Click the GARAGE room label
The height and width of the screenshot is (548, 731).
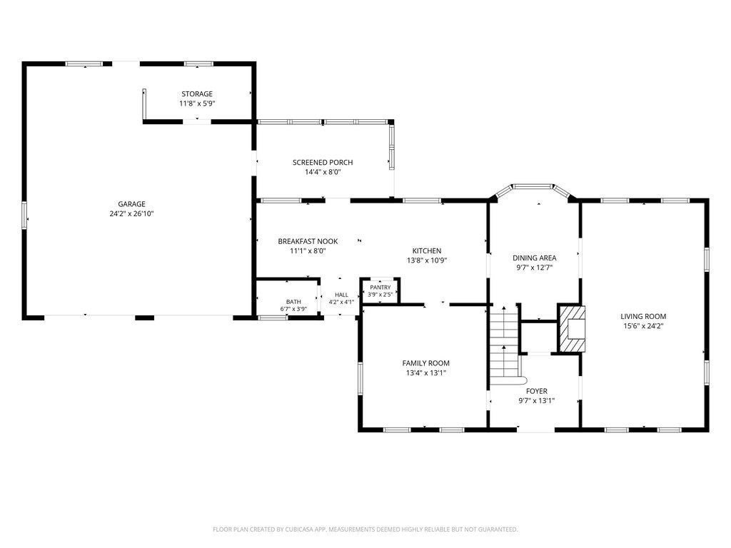click(131, 204)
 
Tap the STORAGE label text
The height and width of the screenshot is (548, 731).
click(197, 94)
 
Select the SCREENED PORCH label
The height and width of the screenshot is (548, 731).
click(323, 163)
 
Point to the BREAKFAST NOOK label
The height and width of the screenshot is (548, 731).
click(308, 241)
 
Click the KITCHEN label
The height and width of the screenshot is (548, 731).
click(427, 251)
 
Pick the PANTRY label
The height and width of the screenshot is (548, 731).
click(380, 288)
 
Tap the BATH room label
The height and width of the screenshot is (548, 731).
click(293, 302)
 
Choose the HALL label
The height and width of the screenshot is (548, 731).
click(341, 295)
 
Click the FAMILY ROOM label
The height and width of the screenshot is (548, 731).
click(426, 363)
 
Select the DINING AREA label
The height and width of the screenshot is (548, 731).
click(534, 258)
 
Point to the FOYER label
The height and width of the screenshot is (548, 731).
click(537, 392)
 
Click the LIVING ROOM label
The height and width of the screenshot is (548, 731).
click(643, 317)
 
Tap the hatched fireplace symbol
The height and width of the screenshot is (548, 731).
click(572, 328)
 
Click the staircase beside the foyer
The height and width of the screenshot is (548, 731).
click(505, 345)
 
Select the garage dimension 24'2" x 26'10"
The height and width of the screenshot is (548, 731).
click(131, 214)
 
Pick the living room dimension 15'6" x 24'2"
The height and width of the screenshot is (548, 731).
click(643, 326)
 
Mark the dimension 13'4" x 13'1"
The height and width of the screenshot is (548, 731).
click(426, 372)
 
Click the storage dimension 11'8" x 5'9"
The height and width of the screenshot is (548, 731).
click(197, 103)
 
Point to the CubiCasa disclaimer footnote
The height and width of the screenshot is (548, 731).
click(365, 529)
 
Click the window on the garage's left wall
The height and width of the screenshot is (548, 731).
click(25, 215)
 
